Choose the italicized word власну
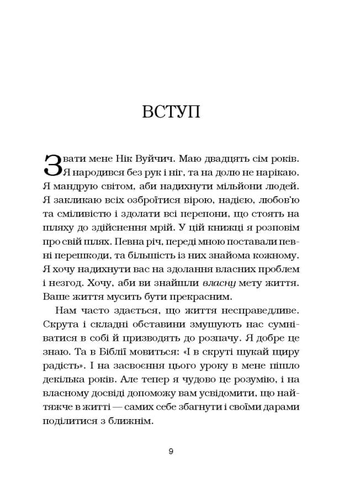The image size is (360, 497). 220,283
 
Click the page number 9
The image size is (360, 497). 171,451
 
